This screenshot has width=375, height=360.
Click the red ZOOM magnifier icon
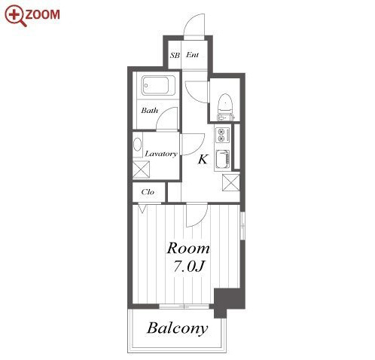16,16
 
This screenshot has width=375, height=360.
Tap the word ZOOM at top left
43,14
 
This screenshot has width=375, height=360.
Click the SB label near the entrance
175,55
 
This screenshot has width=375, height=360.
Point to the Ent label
192,55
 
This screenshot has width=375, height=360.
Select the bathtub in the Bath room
158,86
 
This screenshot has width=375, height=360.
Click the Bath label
150,111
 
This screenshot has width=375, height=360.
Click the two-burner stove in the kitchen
222,135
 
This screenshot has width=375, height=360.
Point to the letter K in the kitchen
203,159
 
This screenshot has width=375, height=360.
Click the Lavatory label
161,154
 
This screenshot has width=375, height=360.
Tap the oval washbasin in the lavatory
137,145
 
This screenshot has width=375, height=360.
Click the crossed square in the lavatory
141,169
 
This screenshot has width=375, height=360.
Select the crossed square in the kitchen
231,182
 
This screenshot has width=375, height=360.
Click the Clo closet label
148,192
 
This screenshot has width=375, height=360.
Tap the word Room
188,249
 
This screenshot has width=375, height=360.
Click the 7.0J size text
189,267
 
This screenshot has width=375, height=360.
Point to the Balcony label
178,328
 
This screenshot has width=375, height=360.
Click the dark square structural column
229,300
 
